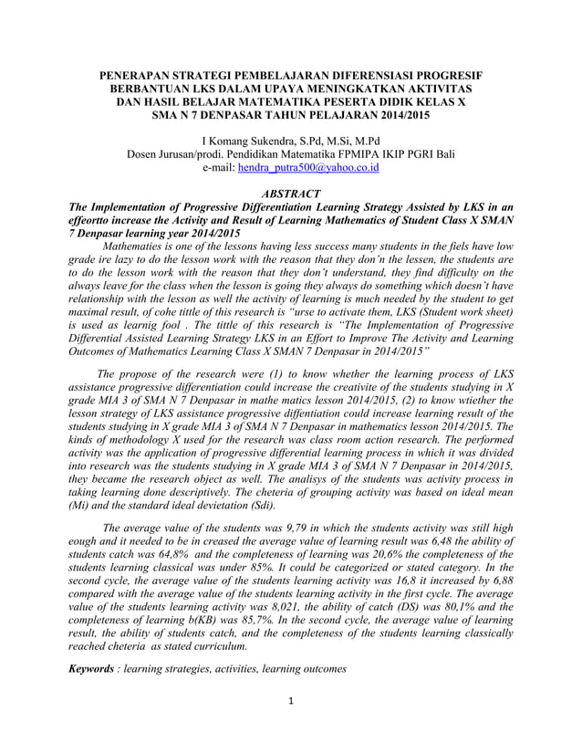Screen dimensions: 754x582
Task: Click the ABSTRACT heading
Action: [x=291, y=194]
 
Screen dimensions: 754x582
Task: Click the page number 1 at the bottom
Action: [x=291, y=727]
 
